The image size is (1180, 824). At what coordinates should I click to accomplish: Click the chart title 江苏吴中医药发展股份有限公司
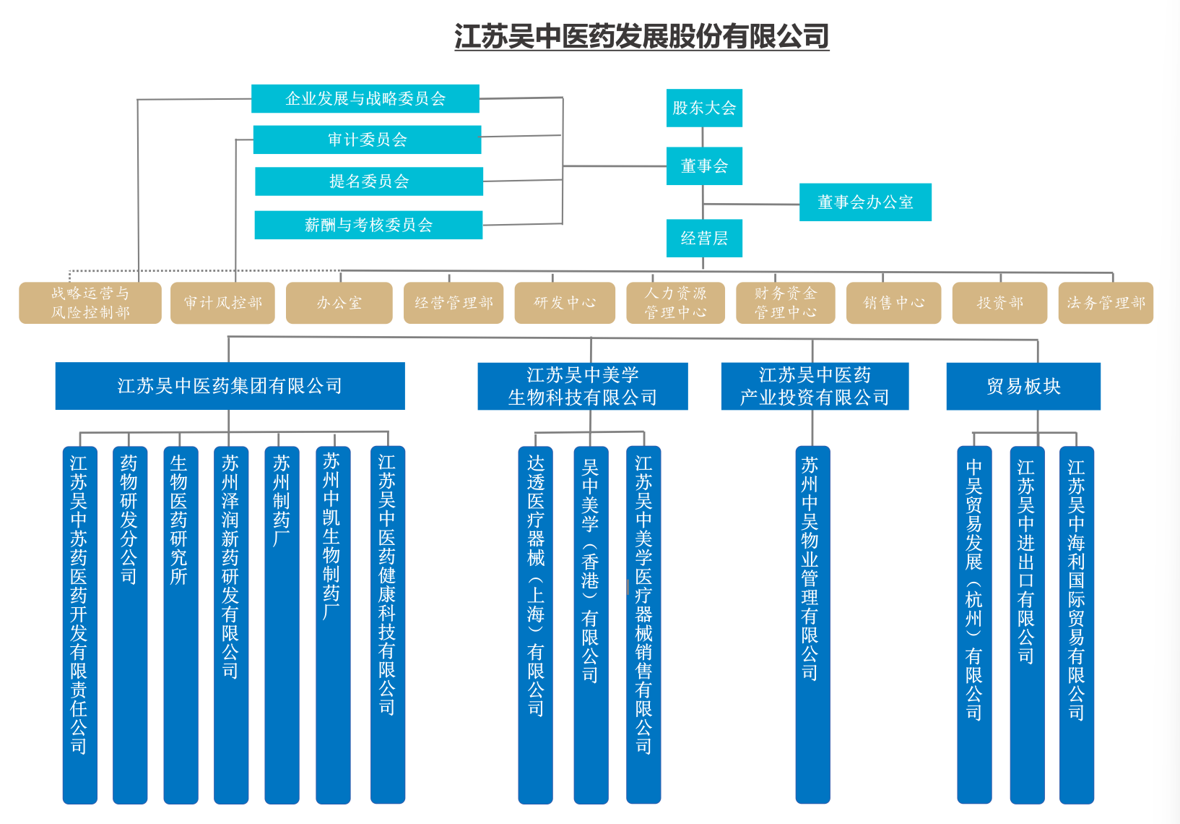641,36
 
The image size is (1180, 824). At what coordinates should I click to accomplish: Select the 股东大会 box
704,108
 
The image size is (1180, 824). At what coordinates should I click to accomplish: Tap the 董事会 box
704,166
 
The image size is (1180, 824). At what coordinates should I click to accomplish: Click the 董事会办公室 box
865,202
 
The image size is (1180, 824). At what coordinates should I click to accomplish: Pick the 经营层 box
704,239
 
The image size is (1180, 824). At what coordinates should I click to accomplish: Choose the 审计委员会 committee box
367,140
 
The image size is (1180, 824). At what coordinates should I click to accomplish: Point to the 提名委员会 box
369,181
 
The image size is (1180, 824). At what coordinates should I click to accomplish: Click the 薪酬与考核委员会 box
368,225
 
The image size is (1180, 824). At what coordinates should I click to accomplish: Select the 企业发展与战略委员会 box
365,98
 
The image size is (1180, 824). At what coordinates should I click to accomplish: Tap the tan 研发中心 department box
565,303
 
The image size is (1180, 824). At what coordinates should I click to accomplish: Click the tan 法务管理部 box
1106,303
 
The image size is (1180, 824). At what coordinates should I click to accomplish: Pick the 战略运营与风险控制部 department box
90,303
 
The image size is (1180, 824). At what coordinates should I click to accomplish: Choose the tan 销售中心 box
893,303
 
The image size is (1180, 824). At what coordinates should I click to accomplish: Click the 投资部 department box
1000,303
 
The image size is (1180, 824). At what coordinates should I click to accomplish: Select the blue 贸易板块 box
1023,387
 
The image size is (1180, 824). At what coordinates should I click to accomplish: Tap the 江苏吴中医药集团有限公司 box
230,386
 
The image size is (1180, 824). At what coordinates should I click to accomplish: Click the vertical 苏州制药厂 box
282,625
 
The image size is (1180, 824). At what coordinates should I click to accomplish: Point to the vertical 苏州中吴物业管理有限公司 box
812,625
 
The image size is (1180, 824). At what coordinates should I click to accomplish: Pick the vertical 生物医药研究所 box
181,625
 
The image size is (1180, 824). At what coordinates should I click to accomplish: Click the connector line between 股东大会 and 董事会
703,137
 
